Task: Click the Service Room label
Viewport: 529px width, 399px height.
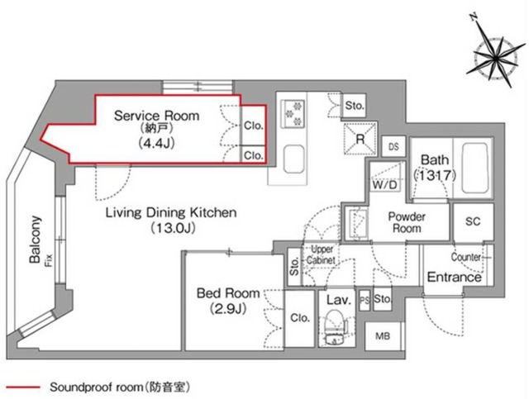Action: coord(156,116)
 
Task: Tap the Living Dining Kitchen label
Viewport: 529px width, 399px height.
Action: coord(171,212)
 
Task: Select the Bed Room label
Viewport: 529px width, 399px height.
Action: coord(227,292)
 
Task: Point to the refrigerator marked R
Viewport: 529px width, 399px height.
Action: coord(360,139)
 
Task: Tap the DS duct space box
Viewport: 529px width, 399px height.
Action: coord(394,145)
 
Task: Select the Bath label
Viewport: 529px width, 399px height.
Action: coord(433,159)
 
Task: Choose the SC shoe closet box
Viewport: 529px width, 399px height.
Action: coord(473,221)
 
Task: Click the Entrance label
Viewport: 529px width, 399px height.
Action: coord(454,278)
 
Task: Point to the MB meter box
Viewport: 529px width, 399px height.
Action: coord(383,335)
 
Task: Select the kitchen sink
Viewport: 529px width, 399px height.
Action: coord(293,157)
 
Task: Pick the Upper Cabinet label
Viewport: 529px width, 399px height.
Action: coord(322,254)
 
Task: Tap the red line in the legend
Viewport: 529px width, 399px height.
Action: coord(22,385)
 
